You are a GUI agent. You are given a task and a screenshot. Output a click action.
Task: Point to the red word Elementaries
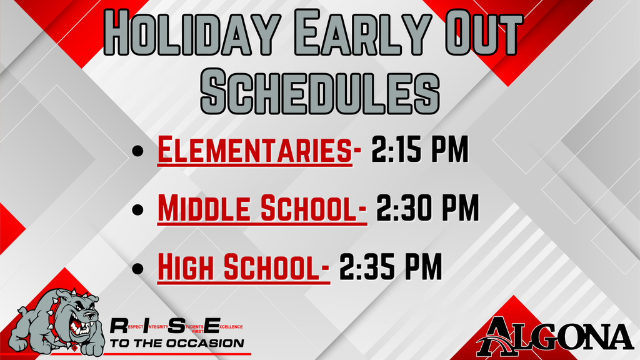click(254, 152)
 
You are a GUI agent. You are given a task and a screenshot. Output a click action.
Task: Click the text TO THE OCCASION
click(177, 343)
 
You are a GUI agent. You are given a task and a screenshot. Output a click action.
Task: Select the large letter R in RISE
click(119, 326)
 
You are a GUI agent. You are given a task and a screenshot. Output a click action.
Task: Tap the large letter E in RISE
click(212, 326)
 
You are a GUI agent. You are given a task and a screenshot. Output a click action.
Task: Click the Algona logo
click(554, 336)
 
